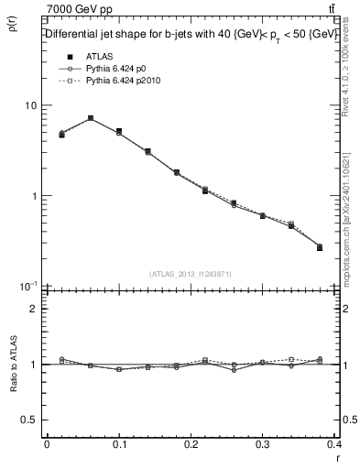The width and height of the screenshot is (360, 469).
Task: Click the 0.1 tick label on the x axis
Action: click(x=119, y=445)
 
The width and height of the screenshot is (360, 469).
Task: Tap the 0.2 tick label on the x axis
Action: click(x=192, y=445)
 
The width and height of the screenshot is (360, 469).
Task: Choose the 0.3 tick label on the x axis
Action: click(x=266, y=445)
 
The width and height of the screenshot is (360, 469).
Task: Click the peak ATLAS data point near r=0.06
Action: click(x=91, y=118)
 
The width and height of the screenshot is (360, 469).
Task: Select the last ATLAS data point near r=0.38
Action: click(x=319, y=247)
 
